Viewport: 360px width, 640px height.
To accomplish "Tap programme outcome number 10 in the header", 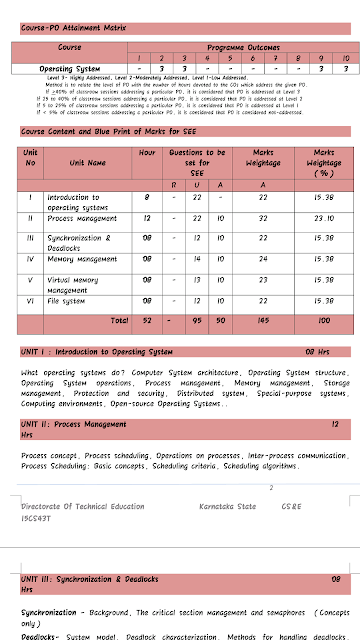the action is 343,58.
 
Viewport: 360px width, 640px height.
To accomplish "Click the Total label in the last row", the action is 119,320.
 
